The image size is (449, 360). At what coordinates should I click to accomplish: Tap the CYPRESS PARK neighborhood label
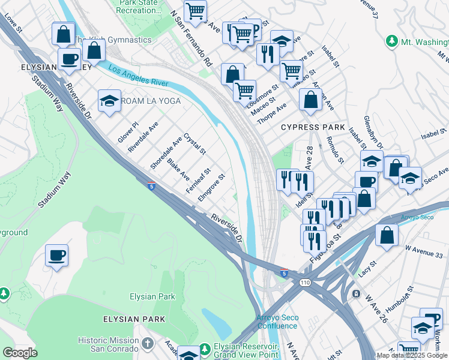click(313, 127)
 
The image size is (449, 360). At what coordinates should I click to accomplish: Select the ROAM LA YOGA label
click(151, 101)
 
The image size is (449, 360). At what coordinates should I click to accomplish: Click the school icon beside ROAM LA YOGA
click(109, 101)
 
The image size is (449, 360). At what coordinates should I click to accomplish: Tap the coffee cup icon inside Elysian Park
click(57, 256)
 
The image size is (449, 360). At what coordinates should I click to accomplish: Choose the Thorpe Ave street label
click(272, 112)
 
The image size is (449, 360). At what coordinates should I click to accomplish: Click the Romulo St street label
click(334, 149)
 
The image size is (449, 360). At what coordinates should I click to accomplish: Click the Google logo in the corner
click(20, 353)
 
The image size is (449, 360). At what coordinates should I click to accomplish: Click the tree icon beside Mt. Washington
click(391, 41)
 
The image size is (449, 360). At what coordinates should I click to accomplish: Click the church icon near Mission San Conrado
click(149, 344)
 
